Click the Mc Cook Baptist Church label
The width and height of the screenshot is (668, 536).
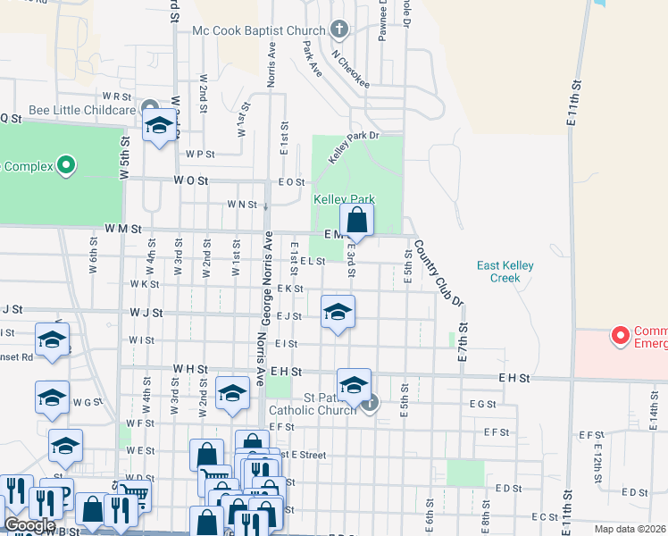click(x=259, y=30)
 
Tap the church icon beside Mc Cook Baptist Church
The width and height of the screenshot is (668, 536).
click(x=338, y=30)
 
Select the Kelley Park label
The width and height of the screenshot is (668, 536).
click(x=343, y=199)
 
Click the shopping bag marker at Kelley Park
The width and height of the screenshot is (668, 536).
click(x=356, y=220)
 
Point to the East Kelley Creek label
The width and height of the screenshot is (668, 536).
click(x=511, y=272)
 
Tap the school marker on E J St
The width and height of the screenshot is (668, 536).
click(x=338, y=313)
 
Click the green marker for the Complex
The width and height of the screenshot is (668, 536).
click(x=64, y=165)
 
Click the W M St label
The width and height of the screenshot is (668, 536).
click(x=123, y=229)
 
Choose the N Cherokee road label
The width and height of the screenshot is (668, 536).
click(x=351, y=70)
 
